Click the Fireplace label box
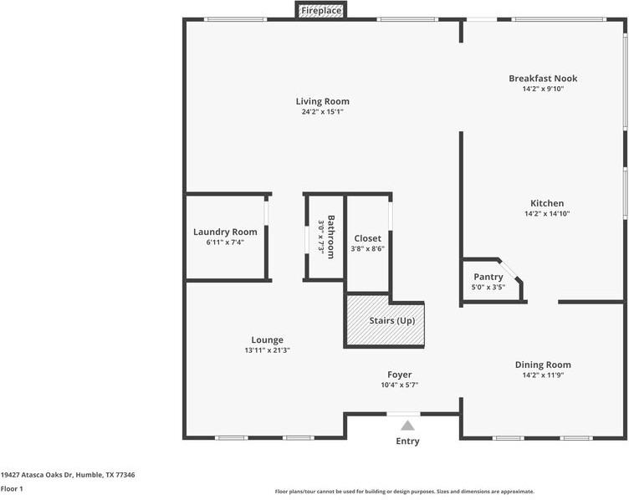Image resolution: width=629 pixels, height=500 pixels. pyautogui.click(x=321, y=10)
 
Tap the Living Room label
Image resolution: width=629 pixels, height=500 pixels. pyautogui.click(x=323, y=101)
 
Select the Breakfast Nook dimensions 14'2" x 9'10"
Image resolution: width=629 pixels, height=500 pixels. pyautogui.click(x=543, y=89)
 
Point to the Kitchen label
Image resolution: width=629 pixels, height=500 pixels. pyautogui.click(x=547, y=203)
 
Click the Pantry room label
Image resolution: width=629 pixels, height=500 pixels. pyautogui.click(x=488, y=277)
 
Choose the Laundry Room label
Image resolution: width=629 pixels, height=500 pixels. pyautogui.click(x=225, y=232)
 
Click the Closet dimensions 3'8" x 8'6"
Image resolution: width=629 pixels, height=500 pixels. pyautogui.click(x=367, y=248)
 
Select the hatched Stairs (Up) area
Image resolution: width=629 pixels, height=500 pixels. pyautogui.click(x=385, y=320)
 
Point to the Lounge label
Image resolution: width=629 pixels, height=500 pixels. pyautogui.click(x=267, y=340)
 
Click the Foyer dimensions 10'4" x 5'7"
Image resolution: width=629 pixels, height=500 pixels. pyautogui.click(x=400, y=385)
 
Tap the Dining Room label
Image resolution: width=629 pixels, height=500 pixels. pyautogui.click(x=543, y=365)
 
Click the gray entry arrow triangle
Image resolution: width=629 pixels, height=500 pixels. pyautogui.click(x=407, y=426)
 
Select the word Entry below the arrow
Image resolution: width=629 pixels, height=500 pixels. pyautogui.click(x=407, y=441)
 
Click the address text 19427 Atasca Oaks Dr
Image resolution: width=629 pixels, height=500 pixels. pyautogui.click(x=37, y=475)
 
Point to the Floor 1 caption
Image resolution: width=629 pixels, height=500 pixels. pyautogui.click(x=12, y=489)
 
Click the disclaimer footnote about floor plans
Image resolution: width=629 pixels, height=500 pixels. pyautogui.click(x=404, y=492)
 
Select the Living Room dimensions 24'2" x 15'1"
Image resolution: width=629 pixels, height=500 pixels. pyautogui.click(x=323, y=112)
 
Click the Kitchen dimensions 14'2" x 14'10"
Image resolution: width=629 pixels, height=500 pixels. pyautogui.click(x=547, y=214)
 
